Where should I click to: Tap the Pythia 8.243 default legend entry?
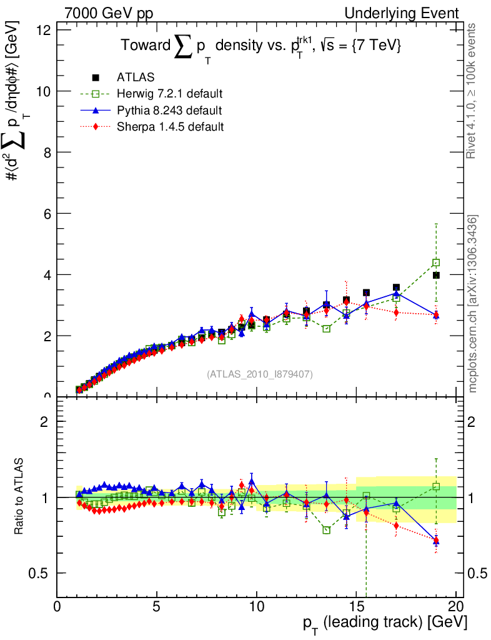pyautogui.click(x=169, y=110)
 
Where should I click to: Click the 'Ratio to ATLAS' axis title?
pyautogui.click(x=20, y=497)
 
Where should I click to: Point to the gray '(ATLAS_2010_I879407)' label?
pyautogui.click(x=260, y=374)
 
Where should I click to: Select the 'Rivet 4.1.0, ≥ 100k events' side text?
pyautogui.click(x=474, y=91)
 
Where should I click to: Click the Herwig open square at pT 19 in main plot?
pyautogui.click(x=436, y=262)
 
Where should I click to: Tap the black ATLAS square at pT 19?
pyautogui.click(x=436, y=275)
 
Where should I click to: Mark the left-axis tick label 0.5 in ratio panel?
pyautogui.click(x=42, y=573)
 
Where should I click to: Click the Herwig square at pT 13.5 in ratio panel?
pyautogui.click(x=326, y=530)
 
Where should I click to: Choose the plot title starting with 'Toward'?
pyautogui.click(x=261, y=47)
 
